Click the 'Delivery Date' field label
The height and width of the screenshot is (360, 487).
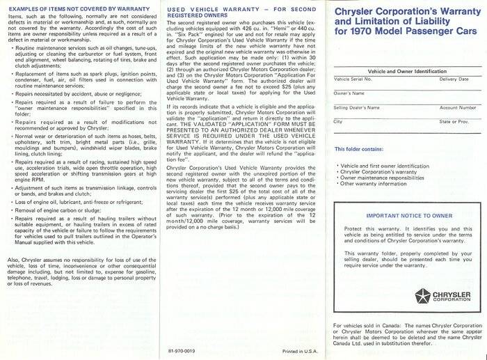pos(454,80)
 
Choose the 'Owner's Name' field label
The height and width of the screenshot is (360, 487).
pos(349,93)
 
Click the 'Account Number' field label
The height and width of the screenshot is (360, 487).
pos(457,108)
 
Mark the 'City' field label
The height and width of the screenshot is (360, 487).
pos(338,123)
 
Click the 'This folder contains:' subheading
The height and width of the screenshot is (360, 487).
pos(361,148)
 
